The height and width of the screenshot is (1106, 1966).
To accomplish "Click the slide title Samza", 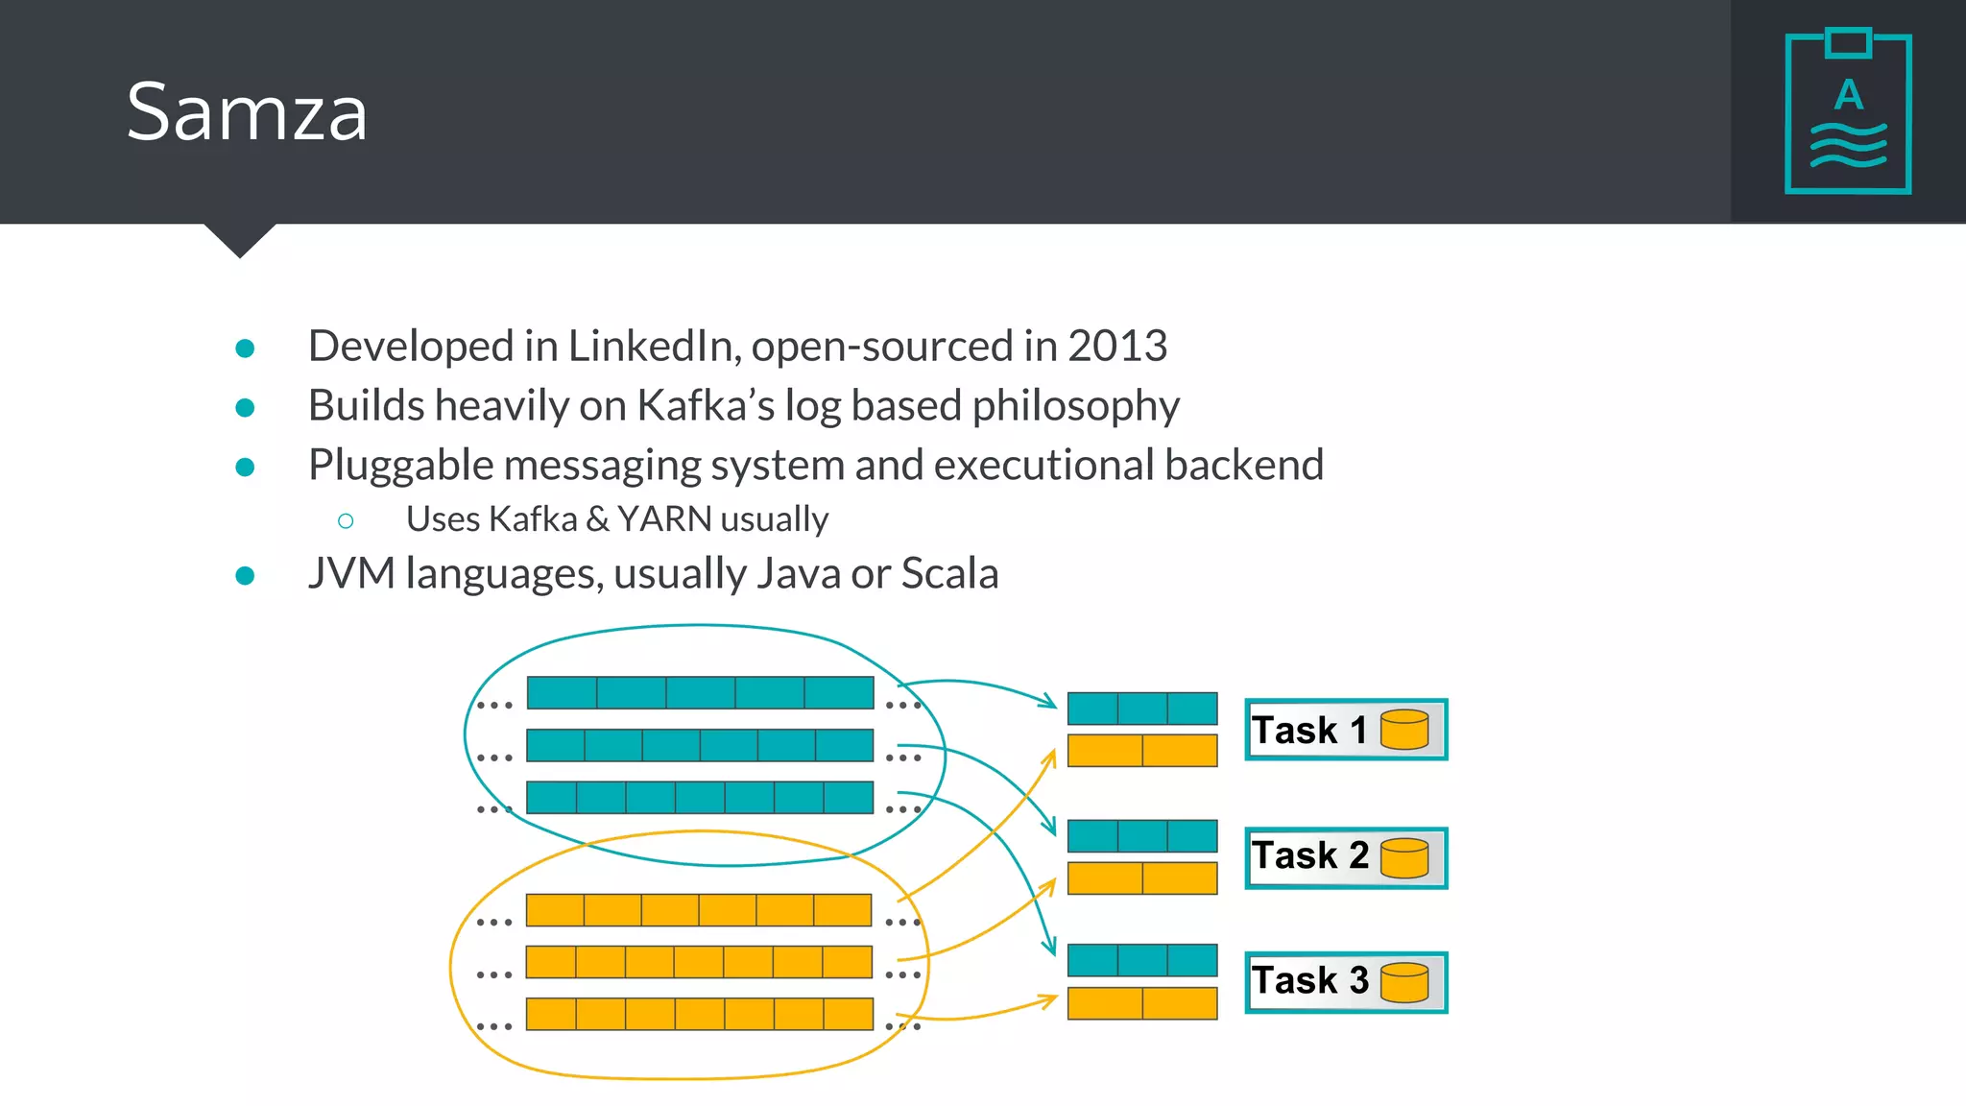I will tap(247, 112).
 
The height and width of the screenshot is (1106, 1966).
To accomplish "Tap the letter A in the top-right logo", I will tap(1849, 95).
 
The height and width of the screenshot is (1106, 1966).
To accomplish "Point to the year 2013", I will tap(1117, 346).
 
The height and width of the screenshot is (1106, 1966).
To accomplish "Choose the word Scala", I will tap(949, 574).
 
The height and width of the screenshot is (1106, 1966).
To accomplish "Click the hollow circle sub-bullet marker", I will tap(346, 521).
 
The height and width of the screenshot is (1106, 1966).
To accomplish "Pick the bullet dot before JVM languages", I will tap(245, 575).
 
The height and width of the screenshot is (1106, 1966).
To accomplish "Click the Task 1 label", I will tap(1309, 731).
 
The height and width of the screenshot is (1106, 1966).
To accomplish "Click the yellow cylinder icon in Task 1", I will tap(1404, 730).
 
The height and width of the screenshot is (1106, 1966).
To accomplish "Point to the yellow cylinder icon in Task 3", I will tap(1404, 982).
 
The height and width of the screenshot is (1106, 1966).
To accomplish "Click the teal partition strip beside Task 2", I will tap(1142, 836).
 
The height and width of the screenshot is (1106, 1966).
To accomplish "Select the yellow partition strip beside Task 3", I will tap(1142, 1003).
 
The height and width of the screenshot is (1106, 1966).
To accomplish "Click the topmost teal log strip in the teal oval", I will tap(700, 692).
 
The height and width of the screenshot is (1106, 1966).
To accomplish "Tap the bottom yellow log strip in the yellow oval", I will tap(700, 1014).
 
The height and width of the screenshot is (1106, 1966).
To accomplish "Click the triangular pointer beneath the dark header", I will tap(240, 239).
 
